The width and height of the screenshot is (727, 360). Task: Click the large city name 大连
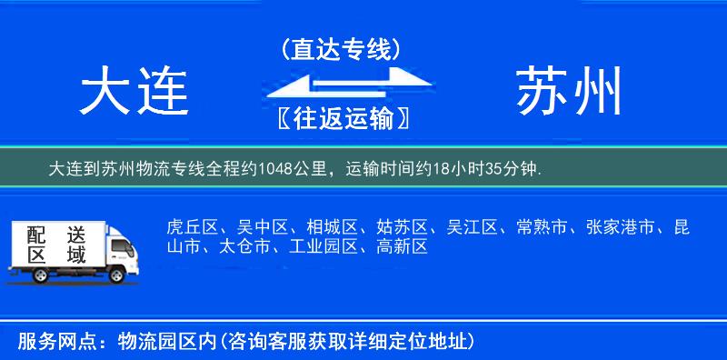point(134,92)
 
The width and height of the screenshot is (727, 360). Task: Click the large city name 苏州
point(571,92)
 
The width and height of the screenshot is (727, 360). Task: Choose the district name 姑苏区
point(398,227)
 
